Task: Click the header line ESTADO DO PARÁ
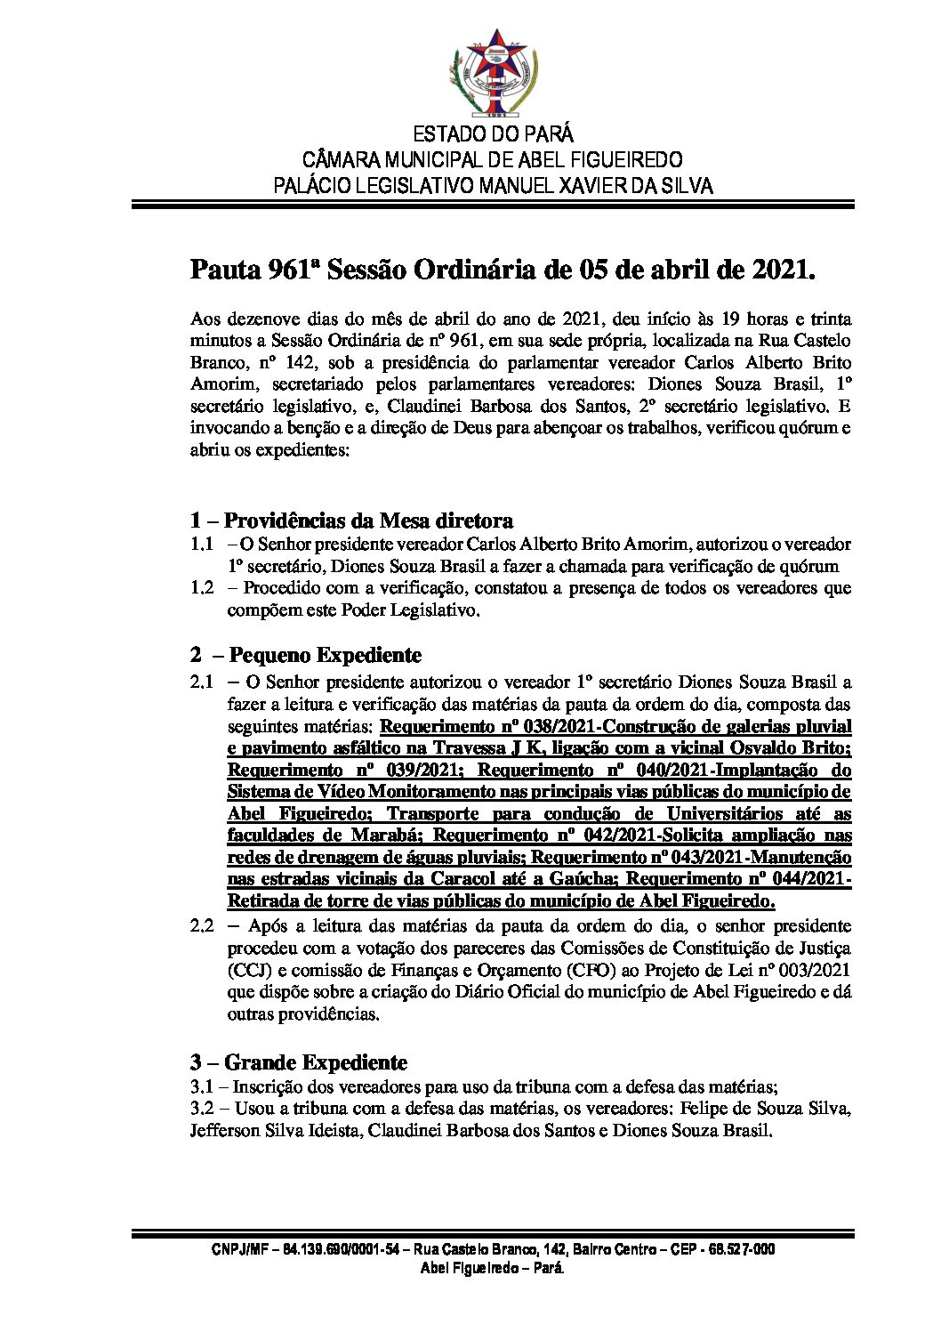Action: (x=493, y=135)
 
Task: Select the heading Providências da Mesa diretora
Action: (x=367, y=521)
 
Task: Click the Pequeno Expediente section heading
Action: (x=325, y=656)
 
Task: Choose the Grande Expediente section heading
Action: (x=315, y=1062)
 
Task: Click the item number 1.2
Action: (x=202, y=588)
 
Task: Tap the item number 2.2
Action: (x=202, y=926)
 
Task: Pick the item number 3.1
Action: (x=202, y=1086)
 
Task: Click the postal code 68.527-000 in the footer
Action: (x=742, y=1250)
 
